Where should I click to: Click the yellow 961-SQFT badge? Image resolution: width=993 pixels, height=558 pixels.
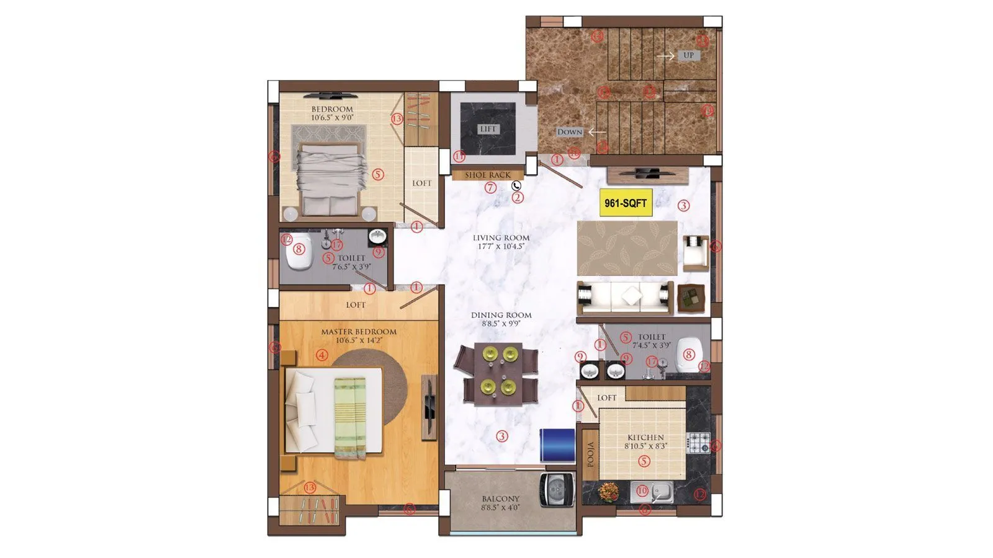(x=626, y=203)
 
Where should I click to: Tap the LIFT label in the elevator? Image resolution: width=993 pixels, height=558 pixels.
(x=488, y=129)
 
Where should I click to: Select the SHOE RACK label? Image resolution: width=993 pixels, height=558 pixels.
(x=488, y=175)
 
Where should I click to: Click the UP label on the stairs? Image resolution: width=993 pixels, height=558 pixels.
(x=688, y=55)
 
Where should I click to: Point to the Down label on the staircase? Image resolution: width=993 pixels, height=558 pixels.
(x=570, y=132)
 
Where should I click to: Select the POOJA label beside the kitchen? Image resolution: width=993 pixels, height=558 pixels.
(x=591, y=454)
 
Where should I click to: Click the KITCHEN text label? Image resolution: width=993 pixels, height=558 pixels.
(x=645, y=437)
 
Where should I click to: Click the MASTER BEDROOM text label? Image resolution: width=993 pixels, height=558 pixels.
(x=358, y=332)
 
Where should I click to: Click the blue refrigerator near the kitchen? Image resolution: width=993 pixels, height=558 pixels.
(x=557, y=444)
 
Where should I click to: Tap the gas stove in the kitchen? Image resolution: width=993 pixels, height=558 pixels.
(x=698, y=442)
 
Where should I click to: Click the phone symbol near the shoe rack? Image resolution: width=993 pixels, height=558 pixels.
(x=516, y=185)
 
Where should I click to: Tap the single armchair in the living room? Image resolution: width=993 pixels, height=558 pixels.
(x=696, y=252)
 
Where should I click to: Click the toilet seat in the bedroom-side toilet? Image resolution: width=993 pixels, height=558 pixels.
(x=298, y=250)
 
